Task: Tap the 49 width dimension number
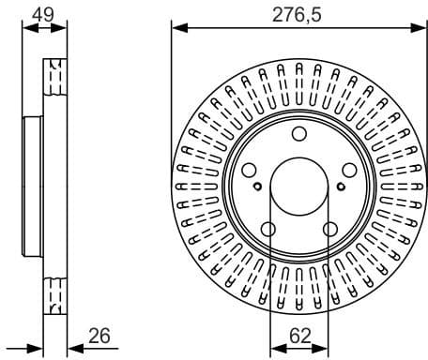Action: coord(42,13)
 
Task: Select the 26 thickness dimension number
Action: coord(100,335)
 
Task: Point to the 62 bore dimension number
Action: coord(300,335)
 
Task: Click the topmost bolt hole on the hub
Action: coord(298,133)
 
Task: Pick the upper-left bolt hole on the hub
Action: coord(250,170)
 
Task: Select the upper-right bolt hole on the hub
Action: coord(348,170)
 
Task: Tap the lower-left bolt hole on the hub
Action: coord(268,229)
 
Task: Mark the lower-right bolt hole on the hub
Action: coord(329,229)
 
